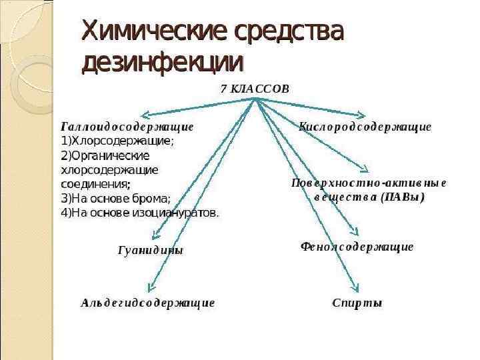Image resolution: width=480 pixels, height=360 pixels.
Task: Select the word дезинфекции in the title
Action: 162,62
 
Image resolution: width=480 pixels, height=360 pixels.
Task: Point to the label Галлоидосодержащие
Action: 127,126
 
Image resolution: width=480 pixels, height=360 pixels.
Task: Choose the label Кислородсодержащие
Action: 365,126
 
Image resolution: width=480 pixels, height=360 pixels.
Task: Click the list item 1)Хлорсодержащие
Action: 117,141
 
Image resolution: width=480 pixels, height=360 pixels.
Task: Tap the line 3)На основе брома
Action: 115,198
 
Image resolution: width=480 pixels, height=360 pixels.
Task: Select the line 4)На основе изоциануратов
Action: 139,213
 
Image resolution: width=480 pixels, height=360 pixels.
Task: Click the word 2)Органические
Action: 105,155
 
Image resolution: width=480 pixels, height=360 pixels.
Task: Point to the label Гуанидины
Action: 150,251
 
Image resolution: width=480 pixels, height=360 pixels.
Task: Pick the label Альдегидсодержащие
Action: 148,303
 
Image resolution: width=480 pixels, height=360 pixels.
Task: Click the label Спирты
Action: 357,303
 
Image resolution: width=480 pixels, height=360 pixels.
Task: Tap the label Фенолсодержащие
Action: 357,247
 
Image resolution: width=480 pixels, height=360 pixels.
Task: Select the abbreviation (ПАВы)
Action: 403,197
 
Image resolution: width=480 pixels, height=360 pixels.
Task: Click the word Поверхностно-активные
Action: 369,182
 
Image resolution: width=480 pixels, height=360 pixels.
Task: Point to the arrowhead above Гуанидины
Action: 155,235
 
